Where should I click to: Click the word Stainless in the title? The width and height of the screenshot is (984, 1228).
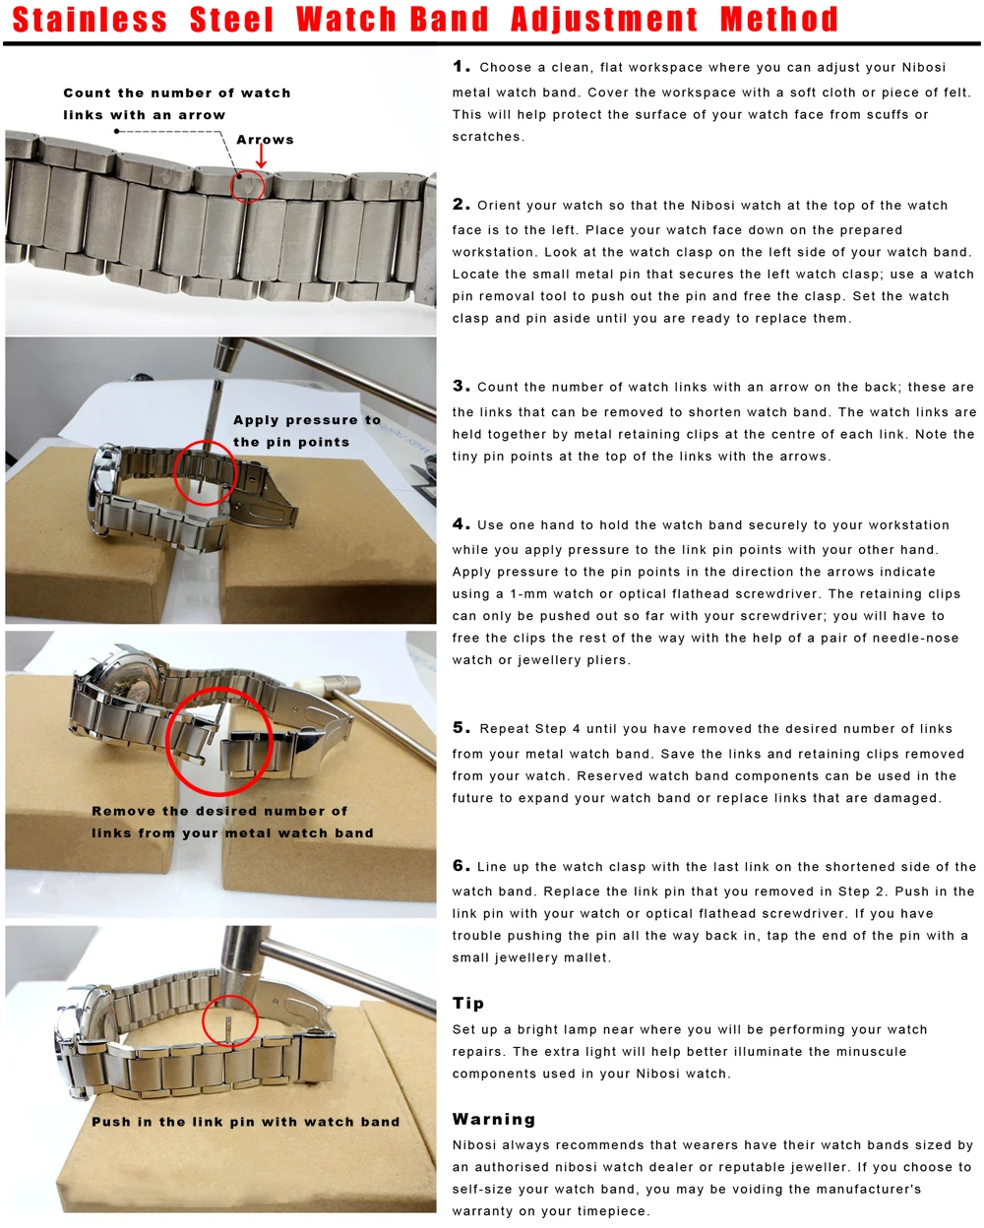(x=90, y=20)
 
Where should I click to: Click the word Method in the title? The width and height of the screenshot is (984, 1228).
(x=778, y=20)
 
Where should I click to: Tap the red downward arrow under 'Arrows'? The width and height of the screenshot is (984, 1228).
(x=262, y=156)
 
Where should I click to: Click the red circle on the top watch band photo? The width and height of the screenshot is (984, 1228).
(x=248, y=185)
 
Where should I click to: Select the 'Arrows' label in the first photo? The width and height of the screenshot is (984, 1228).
(x=265, y=140)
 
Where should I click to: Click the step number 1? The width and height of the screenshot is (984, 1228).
(x=461, y=67)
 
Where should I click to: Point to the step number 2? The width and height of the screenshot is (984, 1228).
(x=461, y=205)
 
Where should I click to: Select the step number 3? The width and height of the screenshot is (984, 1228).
(x=461, y=386)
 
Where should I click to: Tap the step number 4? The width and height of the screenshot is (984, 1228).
(x=461, y=524)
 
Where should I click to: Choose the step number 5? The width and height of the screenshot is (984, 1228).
(x=461, y=728)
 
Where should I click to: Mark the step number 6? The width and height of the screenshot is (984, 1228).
(x=461, y=866)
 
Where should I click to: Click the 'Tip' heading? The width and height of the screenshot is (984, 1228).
(x=468, y=1003)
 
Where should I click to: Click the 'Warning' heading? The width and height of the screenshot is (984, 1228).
(x=494, y=1119)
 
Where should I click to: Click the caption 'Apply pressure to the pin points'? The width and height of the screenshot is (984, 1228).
(x=306, y=431)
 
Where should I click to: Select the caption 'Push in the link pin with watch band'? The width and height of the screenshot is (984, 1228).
(x=245, y=1122)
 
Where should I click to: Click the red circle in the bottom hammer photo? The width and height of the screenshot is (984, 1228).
(x=230, y=1022)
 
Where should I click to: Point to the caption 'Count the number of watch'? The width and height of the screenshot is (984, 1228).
(x=177, y=93)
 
